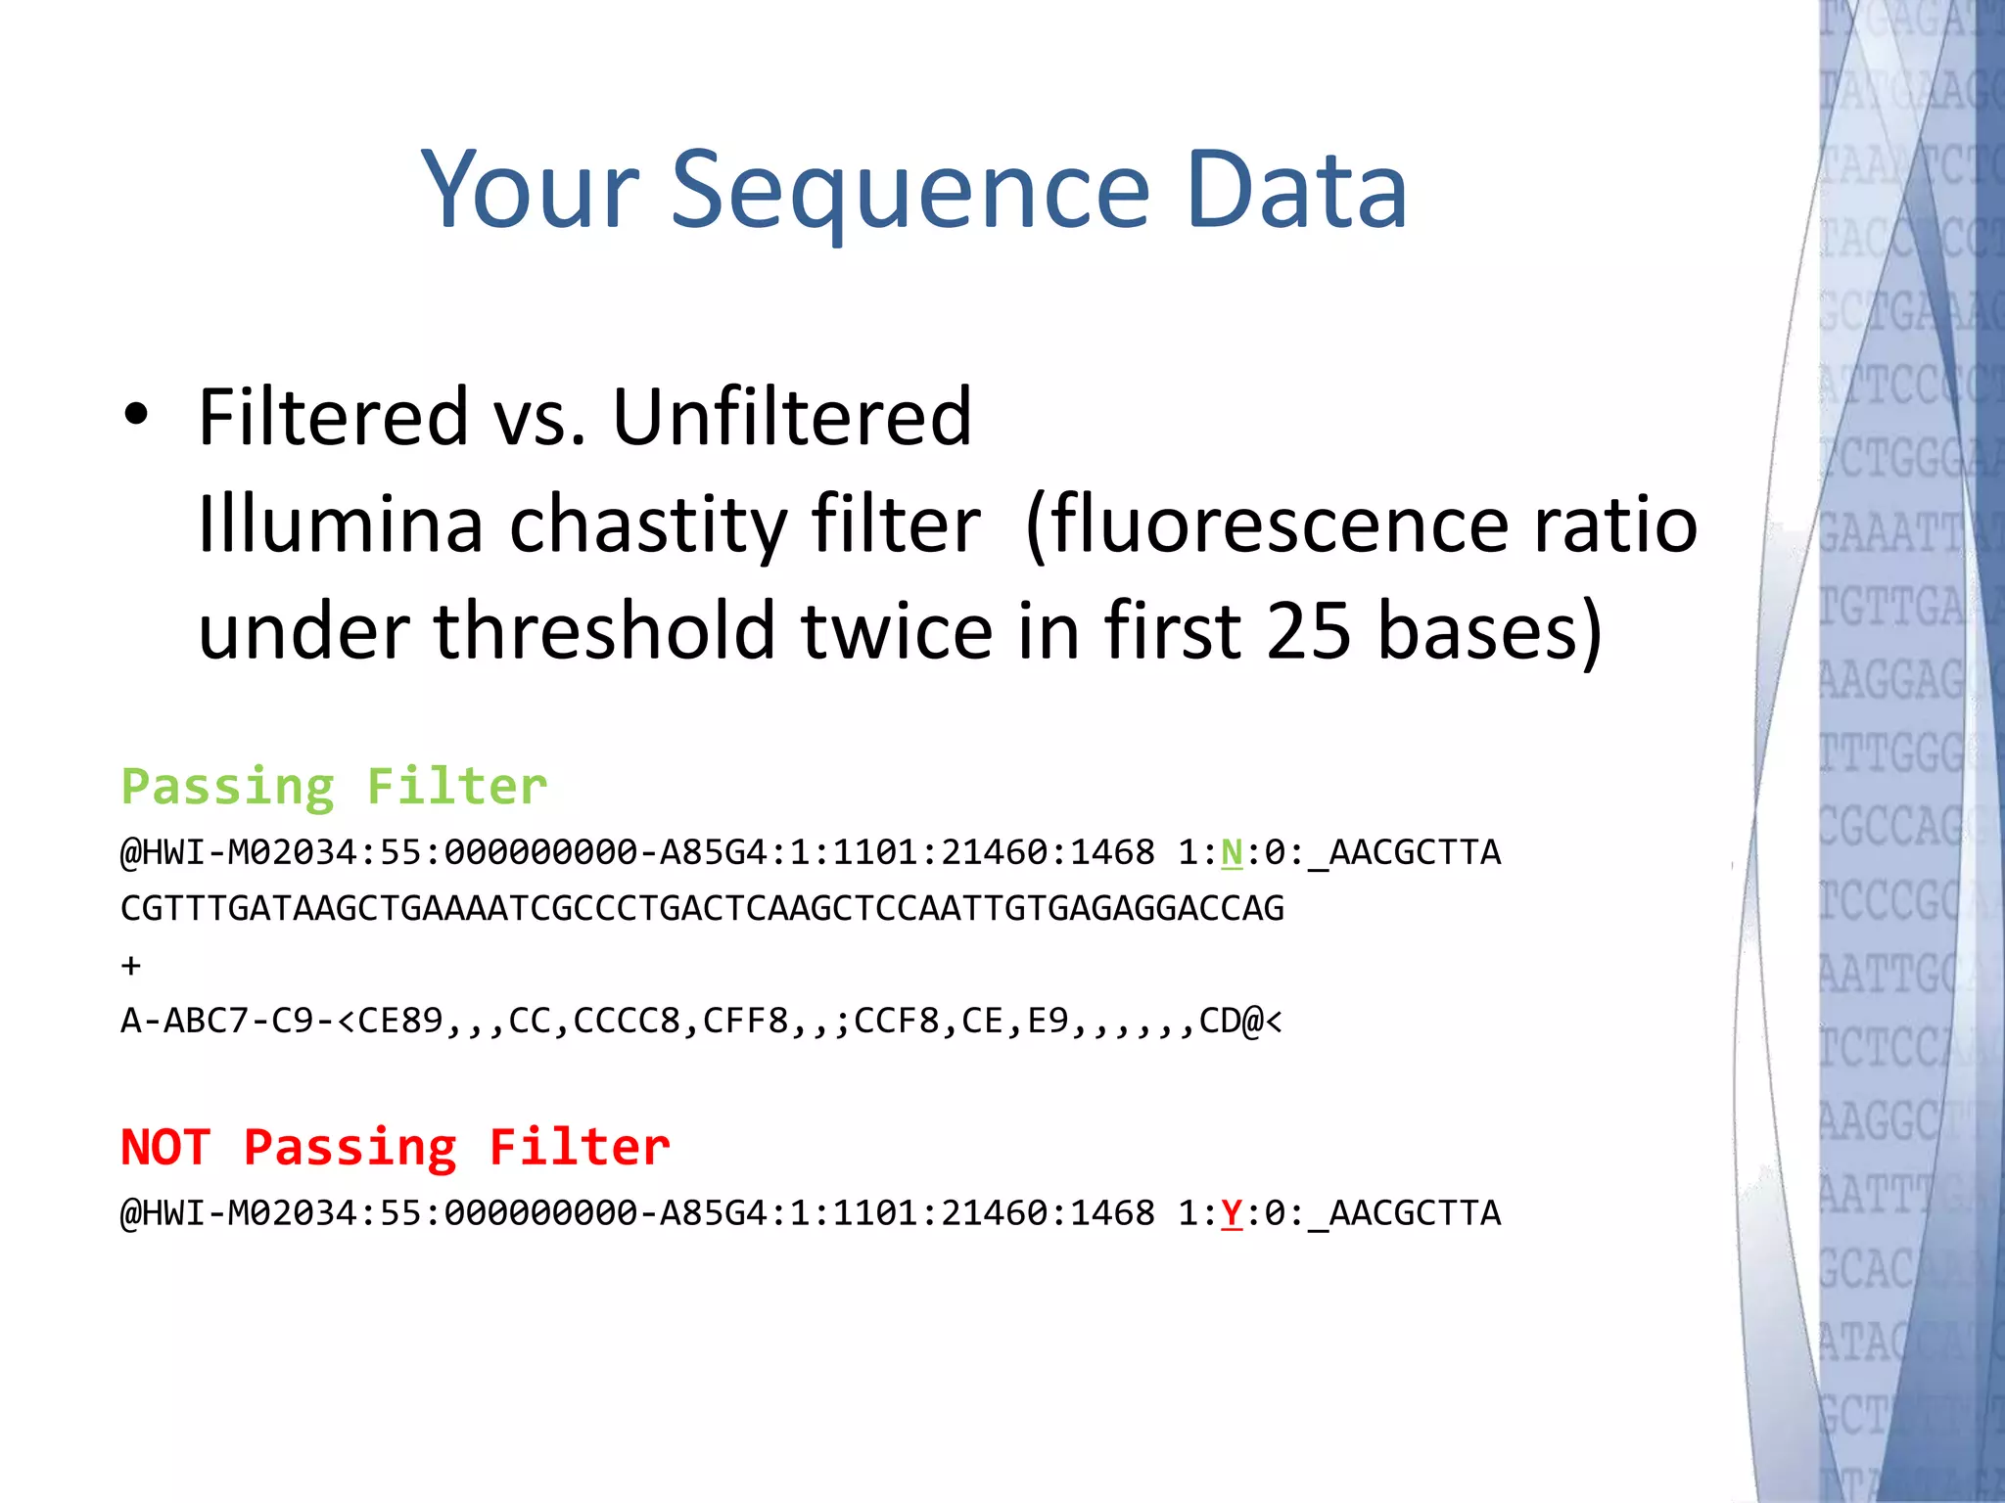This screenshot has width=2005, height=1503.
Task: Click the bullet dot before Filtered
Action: pyautogui.click(x=136, y=415)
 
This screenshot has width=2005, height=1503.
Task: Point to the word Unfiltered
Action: pyautogui.click(x=792, y=417)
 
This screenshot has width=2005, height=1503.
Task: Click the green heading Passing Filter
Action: pyautogui.click(x=334, y=787)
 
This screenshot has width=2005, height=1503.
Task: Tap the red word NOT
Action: pyautogui.click(x=165, y=1147)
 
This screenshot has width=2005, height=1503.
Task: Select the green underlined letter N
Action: pyautogui.click(x=1232, y=853)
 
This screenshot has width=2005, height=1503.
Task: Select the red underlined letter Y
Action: pyautogui.click(x=1232, y=1213)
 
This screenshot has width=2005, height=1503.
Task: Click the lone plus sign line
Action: pyautogui.click(x=131, y=967)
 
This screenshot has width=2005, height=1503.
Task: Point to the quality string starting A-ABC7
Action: pyautogui.click(x=701, y=1022)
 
